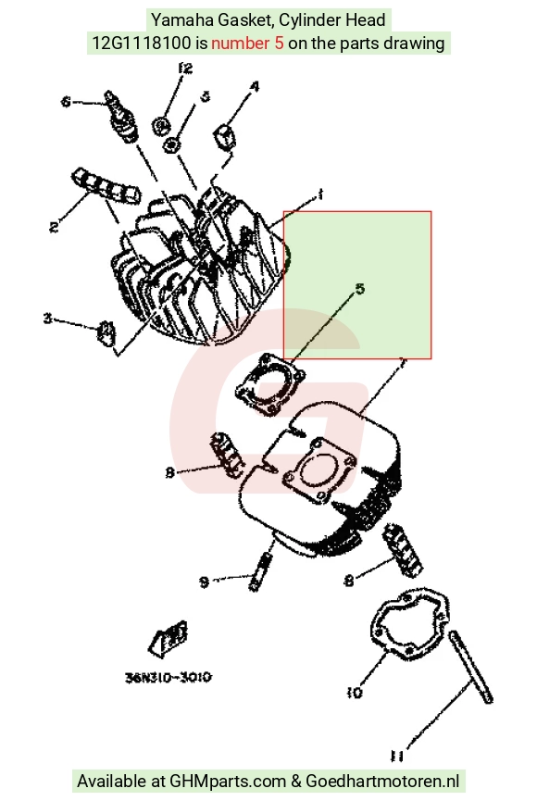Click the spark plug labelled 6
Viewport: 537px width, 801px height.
pos(122,116)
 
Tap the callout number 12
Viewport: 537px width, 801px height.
pos(185,68)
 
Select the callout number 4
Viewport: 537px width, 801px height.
pos(254,86)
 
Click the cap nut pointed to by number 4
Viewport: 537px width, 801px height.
pos(225,136)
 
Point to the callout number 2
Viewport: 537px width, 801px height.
pos(54,226)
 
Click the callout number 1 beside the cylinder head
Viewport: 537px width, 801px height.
pos(320,194)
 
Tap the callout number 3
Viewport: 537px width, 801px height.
pos(47,319)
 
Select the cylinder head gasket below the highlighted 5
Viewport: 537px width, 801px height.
pos(269,384)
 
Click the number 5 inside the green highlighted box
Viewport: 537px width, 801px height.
pos(360,289)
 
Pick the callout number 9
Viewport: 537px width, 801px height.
pos(204,582)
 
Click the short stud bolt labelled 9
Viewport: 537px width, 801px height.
pos(260,571)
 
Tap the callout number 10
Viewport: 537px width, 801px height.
pos(354,693)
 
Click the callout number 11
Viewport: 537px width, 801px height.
pos(397,756)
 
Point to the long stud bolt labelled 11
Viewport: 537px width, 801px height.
pos(470,667)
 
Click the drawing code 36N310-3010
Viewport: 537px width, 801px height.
pos(169,677)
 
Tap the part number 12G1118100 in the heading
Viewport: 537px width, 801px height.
pos(141,43)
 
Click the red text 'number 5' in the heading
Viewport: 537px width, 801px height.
pos(247,43)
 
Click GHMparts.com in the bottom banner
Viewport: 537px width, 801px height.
pos(228,781)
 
